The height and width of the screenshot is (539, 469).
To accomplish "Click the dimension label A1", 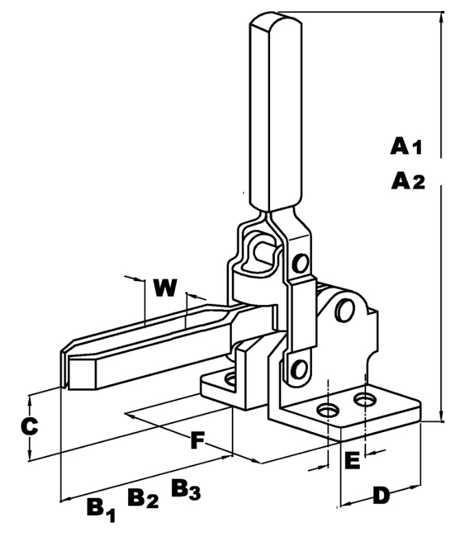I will tap(409, 145).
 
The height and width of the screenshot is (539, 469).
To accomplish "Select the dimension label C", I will tap(28, 426).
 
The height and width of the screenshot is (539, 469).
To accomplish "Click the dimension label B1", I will tap(99, 508).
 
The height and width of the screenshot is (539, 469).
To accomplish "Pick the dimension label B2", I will tap(143, 499).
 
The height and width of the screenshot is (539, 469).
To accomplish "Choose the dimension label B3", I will tap(185, 488).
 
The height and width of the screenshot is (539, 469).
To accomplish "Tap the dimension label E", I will tap(351, 461).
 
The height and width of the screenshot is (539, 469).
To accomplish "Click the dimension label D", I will tap(381, 495).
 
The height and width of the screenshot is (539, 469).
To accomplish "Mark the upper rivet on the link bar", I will tap(300, 263).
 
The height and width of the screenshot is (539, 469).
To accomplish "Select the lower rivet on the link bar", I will tap(298, 369).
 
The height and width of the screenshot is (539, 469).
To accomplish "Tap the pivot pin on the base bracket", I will tap(345, 310).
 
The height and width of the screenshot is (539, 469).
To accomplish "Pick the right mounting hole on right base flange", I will tap(365, 398).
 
